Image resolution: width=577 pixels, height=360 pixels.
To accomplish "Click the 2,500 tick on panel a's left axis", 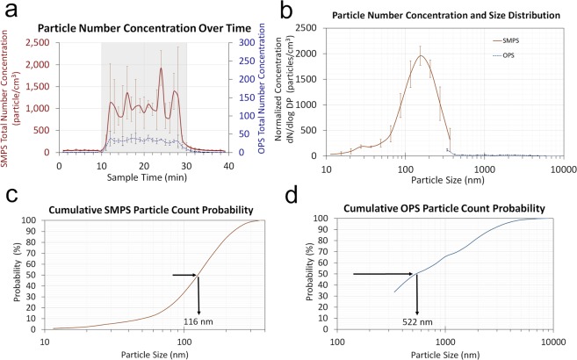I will (x=41, y=42).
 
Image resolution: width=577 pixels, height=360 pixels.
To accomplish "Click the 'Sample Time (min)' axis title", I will (x=144, y=176).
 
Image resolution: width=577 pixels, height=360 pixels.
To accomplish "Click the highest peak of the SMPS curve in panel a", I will (x=161, y=68).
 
